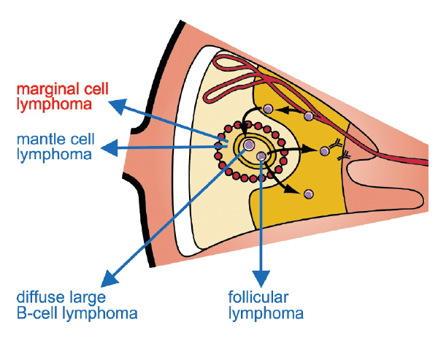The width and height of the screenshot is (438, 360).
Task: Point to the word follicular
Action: (x=258, y=298)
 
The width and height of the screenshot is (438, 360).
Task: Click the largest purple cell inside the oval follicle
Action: (x=250, y=146)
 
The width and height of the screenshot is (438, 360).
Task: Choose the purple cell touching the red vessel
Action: (x=309, y=116)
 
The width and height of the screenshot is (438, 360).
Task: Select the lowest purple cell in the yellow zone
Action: (x=309, y=194)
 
